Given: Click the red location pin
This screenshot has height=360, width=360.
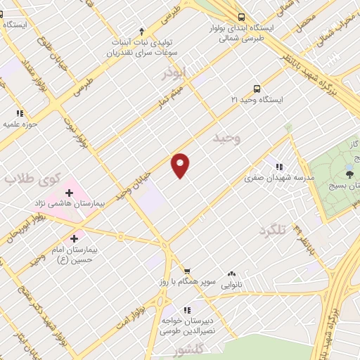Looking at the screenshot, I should coord(181,165).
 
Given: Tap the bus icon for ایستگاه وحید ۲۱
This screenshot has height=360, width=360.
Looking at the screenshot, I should coord(257,89).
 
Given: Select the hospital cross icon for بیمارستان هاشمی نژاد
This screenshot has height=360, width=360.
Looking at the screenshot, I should coord(70,192).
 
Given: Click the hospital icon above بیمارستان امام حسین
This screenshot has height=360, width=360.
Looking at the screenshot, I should coord(74,238).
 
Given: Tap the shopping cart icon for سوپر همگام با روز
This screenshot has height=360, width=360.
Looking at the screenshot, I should coord(187,271).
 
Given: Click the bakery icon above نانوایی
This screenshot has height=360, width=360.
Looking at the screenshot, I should coord(232,274).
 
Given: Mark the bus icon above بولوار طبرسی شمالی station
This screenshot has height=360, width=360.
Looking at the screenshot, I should coord(241,17).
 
